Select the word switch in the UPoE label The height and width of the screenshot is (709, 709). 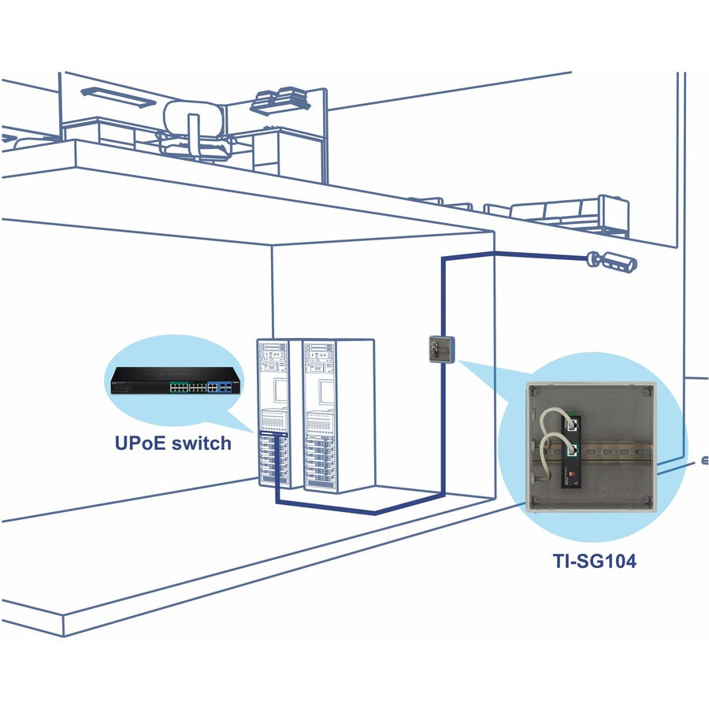click(x=201, y=443)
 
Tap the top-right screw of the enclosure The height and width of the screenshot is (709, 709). click(x=645, y=392)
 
